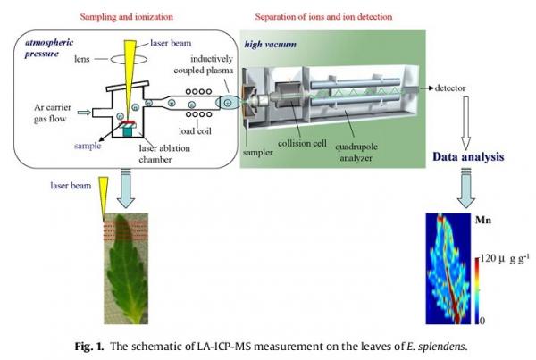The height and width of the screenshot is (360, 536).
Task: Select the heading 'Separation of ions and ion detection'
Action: (x=322, y=16)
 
